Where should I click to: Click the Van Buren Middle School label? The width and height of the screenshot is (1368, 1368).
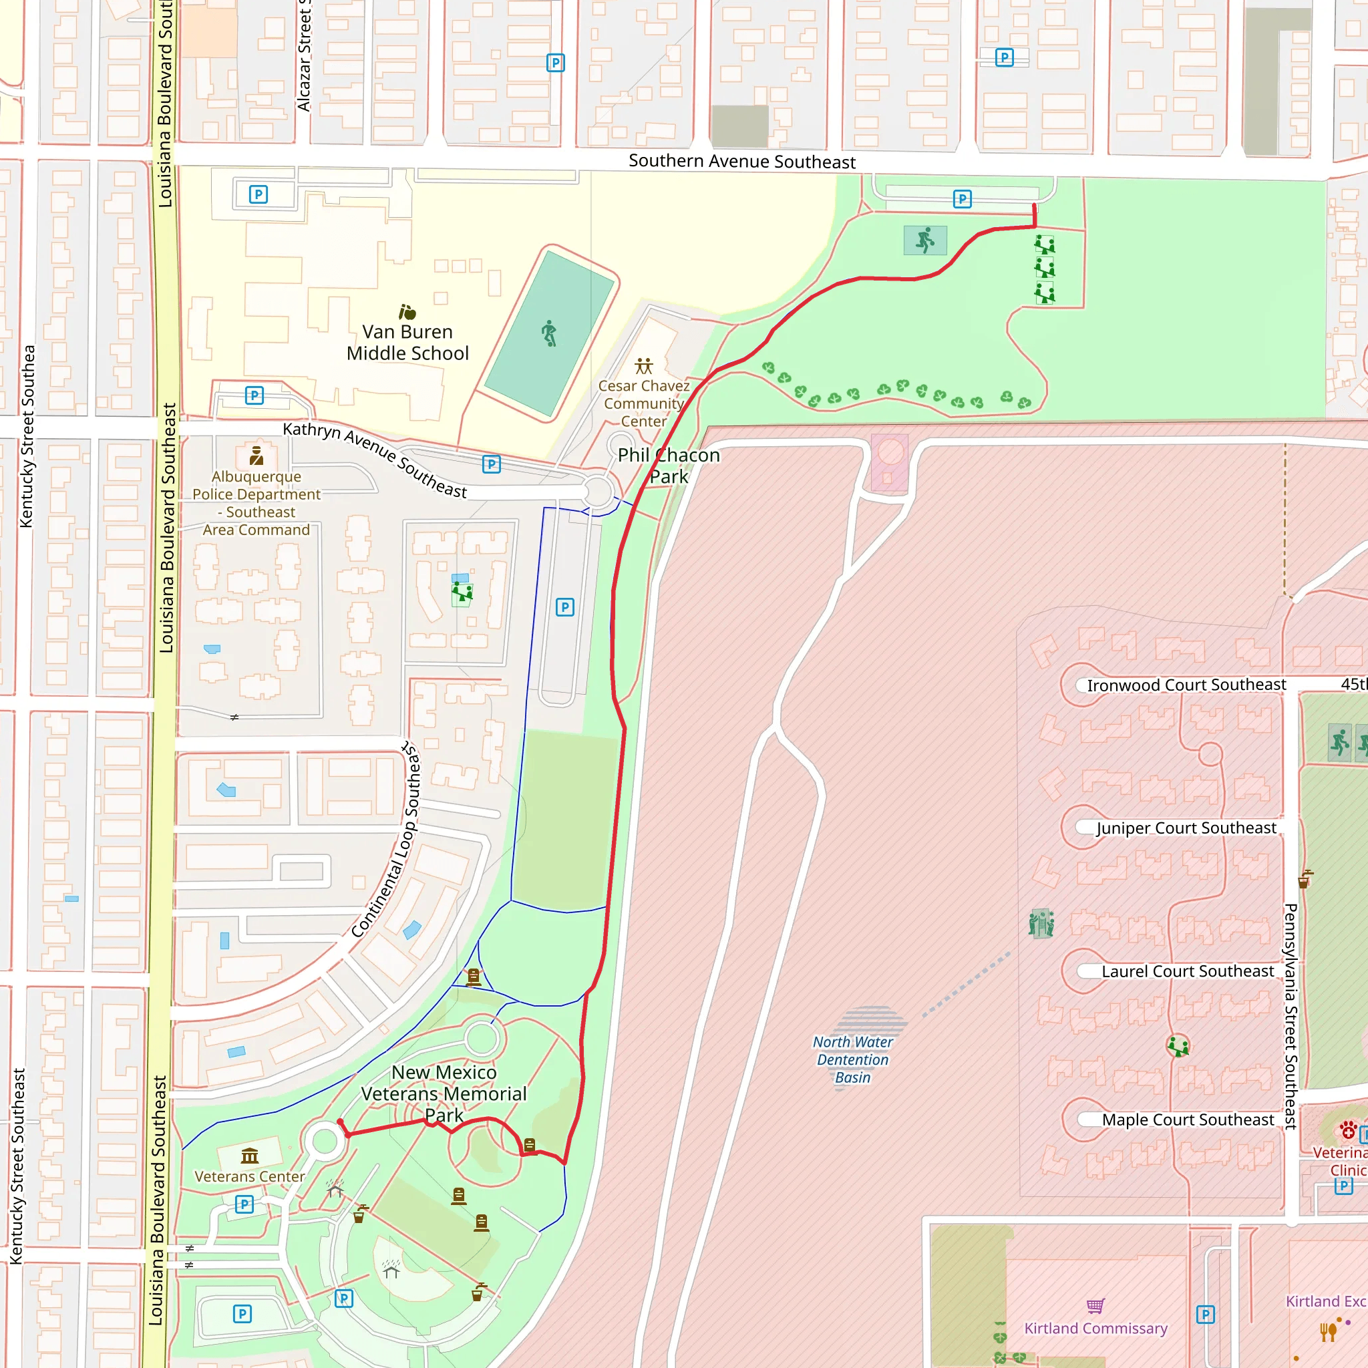tap(407, 343)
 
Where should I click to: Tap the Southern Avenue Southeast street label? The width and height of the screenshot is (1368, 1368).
tap(741, 162)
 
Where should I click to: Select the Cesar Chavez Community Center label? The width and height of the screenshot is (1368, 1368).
tap(643, 403)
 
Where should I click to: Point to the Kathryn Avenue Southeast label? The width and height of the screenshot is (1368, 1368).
tap(375, 460)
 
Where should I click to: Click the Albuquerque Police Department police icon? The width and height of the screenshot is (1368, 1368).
tap(256, 456)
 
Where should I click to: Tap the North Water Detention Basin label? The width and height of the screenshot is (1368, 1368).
tap(852, 1059)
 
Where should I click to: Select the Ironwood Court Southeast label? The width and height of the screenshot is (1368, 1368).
tap(1186, 685)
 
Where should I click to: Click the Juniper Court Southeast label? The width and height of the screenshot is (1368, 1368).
tap(1186, 828)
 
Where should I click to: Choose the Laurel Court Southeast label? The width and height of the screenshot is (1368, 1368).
tap(1187, 971)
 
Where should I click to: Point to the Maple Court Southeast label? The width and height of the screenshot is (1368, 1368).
tap(1188, 1120)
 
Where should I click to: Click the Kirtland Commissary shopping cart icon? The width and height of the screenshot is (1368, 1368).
tap(1095, 1306)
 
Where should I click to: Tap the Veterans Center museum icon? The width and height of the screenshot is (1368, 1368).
tap(249, 1156)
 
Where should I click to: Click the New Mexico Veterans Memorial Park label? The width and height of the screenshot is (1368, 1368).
tap(444, 1094)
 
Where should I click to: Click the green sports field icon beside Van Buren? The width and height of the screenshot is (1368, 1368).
tap(550, 333)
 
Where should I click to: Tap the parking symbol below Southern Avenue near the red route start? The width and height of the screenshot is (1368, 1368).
tap(962, 199)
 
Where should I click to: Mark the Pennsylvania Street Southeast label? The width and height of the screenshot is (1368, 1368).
tap(1290, 1015)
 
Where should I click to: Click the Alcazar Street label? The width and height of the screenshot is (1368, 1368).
tap(304, 57)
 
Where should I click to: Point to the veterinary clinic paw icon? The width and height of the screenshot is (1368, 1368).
tap(1348, 1130)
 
